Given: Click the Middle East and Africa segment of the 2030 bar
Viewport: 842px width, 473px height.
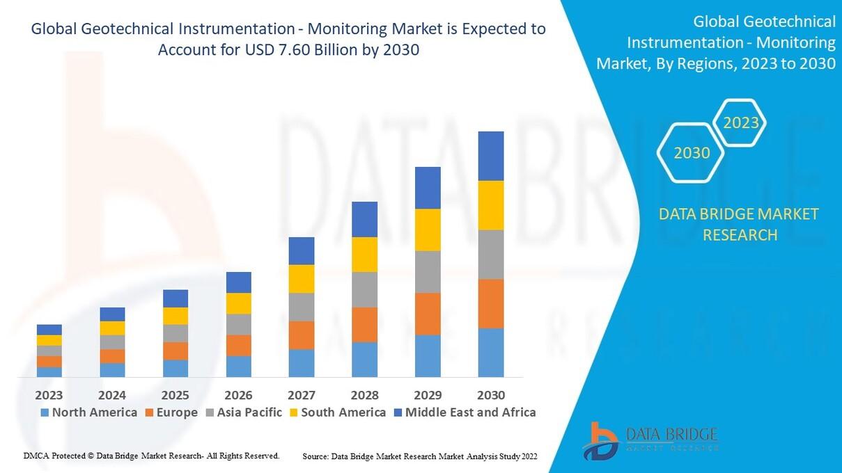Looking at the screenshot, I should pos(490,156).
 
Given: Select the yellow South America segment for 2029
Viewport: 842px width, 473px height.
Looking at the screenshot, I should pos(428,230).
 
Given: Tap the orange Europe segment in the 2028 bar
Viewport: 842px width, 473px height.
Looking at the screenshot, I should pos(364,324).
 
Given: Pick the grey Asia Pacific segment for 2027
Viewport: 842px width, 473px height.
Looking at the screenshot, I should pos(302,307).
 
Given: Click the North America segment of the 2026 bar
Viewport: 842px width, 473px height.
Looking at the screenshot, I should pos(238,366).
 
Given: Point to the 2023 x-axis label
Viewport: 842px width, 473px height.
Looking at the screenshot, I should pos(49,395).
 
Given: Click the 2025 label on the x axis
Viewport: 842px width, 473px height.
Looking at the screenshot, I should pos(175,395).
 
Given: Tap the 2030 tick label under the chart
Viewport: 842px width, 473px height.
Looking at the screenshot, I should pos(490,395).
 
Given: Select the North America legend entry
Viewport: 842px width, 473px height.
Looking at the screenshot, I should pos(88,412).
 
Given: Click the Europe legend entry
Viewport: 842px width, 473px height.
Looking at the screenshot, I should pos(171,412).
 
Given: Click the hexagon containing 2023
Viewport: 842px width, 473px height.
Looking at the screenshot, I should pos(741,123).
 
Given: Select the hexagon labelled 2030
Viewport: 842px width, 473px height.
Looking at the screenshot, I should pos(692,152).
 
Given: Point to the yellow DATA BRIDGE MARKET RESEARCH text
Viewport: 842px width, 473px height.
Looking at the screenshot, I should pos(739,224).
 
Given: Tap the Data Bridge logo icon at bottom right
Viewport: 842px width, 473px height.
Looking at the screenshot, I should pos(600,440).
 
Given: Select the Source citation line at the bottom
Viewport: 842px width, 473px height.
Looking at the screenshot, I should pos(420,456).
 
